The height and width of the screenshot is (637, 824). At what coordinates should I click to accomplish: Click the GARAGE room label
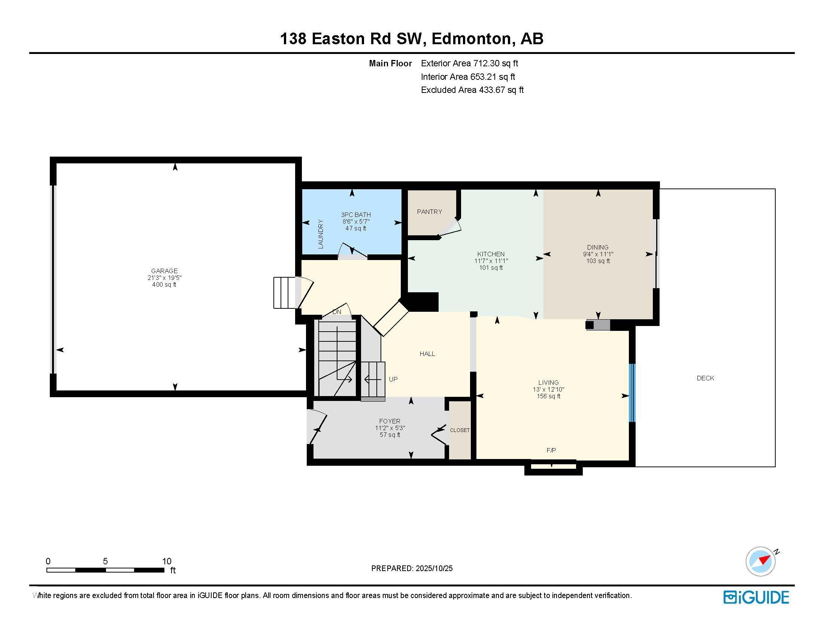pyautogui.click(x=164, y=271)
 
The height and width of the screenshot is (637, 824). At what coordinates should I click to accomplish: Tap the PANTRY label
pyautogui.click(x=429, y=212)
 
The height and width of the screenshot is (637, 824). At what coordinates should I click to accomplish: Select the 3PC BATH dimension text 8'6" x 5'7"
pyautogui.click(x=355, y=221)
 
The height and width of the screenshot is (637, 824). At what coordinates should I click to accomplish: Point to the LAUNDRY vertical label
pyautogui.click(x=321, y=234)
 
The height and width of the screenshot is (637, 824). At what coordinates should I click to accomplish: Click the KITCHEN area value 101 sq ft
pyautogui.click(x=491, y=268)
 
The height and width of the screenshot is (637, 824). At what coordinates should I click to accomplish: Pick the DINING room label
pyautogui.click(x=598, y=247)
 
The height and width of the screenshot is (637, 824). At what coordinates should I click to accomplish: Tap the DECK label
pyautogui.click(x=705, y=378)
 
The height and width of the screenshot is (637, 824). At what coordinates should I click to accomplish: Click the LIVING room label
pyautogui.click(x=548, y=382)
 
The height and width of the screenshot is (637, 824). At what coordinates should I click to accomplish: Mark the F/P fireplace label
pyautogui.click(x=551, y=450)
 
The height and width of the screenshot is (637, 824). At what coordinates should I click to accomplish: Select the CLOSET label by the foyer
pyautogui.click(x=460, y=430)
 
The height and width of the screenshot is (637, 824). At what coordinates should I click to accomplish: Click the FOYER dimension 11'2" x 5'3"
pyautogui.click(x=390, y=428)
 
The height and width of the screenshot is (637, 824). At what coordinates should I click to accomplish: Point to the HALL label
pyautogui.click(x=427, y=354)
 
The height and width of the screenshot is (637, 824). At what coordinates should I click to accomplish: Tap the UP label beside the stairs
pyautogui.click(x=393, y=379)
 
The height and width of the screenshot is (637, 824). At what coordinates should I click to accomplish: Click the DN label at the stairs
pyautogui.click(x=337, y=312)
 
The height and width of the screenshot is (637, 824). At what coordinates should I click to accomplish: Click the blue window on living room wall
pyautogui.click(x=632, y=392)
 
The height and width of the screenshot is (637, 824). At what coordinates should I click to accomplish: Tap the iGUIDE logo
pyautogui.click(x=756, y=597)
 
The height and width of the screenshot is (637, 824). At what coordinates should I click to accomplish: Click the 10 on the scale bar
pyautogui.click(x=166, y=561)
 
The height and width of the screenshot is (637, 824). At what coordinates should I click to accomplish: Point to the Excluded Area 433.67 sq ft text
pyautogui.click(x=472, y=90)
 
